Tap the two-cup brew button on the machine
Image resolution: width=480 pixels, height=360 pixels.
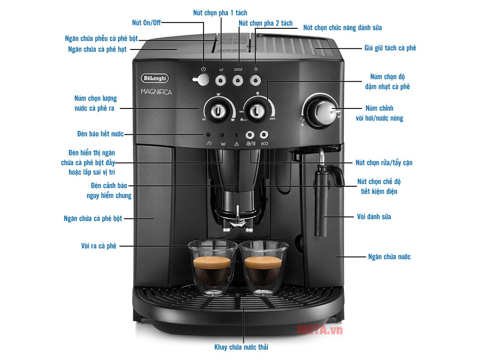(x=238, y=81)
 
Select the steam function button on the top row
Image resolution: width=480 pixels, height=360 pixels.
(x=255, y=81)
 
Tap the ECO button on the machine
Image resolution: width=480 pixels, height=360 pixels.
(x=264, y=135)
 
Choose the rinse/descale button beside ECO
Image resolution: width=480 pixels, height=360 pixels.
(x=250, y=135)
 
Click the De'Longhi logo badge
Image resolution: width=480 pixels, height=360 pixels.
(x=155, y=78)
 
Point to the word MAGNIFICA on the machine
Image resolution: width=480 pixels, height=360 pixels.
(x=156, y=92)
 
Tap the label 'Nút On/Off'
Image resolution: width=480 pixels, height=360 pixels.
(x=146, y=23)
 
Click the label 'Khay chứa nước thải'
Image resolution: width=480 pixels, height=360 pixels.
(x=241, y=347)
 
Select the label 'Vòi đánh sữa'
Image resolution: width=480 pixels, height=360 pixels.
(x=374, y=217)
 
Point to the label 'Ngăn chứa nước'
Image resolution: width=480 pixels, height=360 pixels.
(x=389, y=256)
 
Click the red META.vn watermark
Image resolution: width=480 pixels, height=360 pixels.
(x=320, y=330)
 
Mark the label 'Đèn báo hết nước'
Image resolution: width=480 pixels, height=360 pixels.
(x=100, y=134)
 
